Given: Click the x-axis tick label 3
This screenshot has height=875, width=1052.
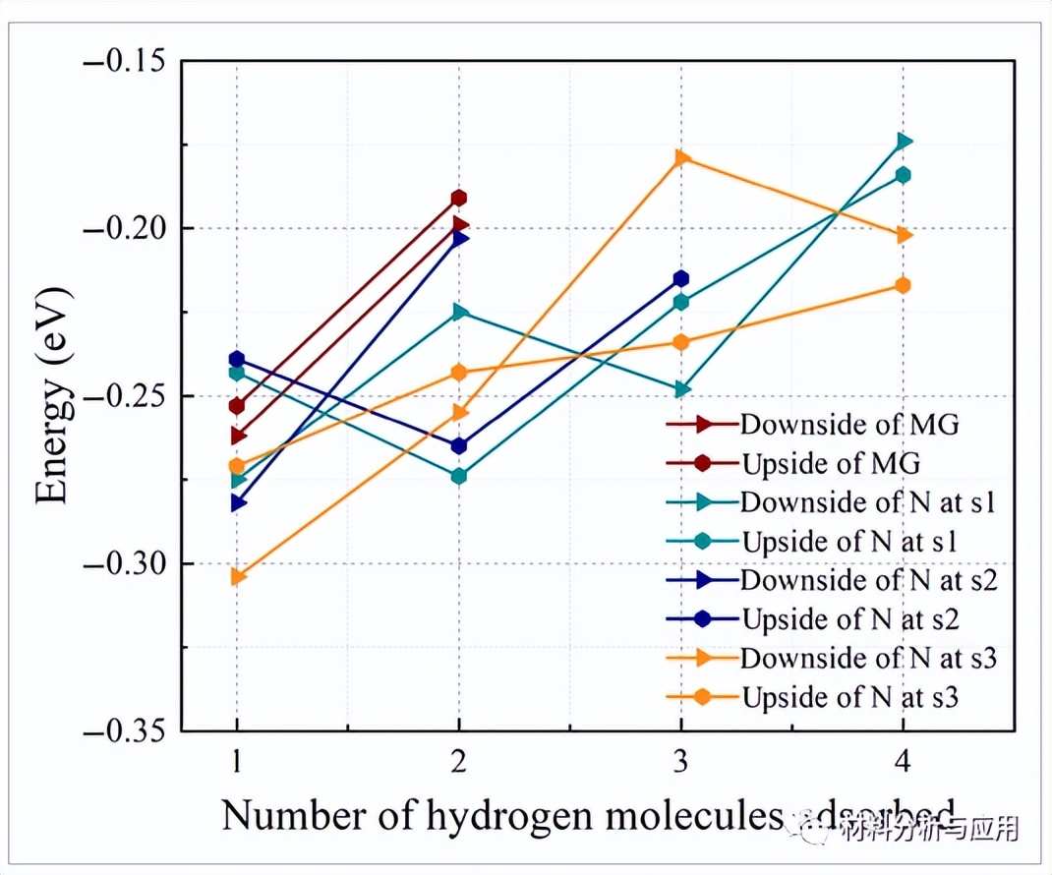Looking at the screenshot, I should pyautogui.click(x=680, y=762).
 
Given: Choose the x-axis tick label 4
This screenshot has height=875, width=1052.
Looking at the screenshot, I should pyautogui.click(x=903, y=762).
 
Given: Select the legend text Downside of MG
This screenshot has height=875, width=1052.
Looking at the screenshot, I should pyautogui.click(x=848, y=425).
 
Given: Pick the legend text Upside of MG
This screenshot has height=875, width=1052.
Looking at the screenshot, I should pyautogui.click(x=832, y=463).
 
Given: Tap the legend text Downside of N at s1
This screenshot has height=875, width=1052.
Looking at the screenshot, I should pyautogui.click(x=869, y=502).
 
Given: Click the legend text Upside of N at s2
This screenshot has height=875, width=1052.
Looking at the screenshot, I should pyautogui.click(x=851, y=619).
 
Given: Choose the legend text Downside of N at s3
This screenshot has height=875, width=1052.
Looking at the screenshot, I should pyautogui.click(x=869, y=658).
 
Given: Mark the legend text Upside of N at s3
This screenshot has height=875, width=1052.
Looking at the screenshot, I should pyautogui.click(x=851, y=697).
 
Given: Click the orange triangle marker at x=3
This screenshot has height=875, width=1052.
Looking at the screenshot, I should pyautogui.click(x=681, y=158).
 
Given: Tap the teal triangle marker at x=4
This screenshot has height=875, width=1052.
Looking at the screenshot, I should pyautogui.click(x=904, y=142).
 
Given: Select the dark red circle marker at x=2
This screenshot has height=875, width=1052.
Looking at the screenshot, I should pyautogui.click(x=458, y=199).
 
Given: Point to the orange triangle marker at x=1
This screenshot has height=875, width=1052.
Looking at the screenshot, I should pyautogui.click(x=237, y=577).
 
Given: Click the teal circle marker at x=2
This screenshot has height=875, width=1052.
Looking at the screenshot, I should pyautogui.click(x=458, y=476).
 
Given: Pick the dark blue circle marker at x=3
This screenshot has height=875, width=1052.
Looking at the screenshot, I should pyautogui.click(x=680, y=279).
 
